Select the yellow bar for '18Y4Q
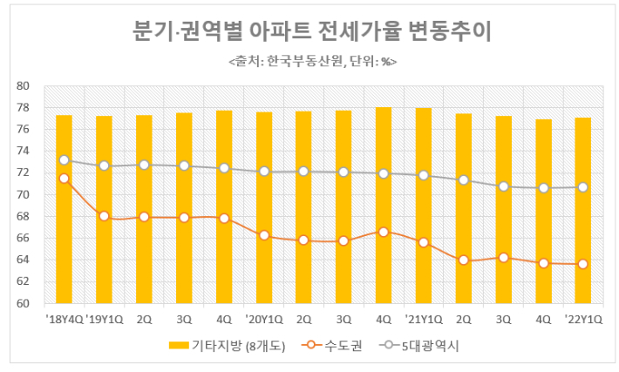tap(64, 209)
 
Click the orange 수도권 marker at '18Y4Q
tap(64, 179)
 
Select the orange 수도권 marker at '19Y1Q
tap(104, 216)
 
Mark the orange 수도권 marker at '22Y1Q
tap(582, 264)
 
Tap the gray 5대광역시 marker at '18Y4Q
tap(64, 159)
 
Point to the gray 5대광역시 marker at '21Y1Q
tap(424, 175)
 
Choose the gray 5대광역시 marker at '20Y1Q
tap(264, 172)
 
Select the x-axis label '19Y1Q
tap(104, 319)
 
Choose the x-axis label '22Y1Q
tap(582, 319)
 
